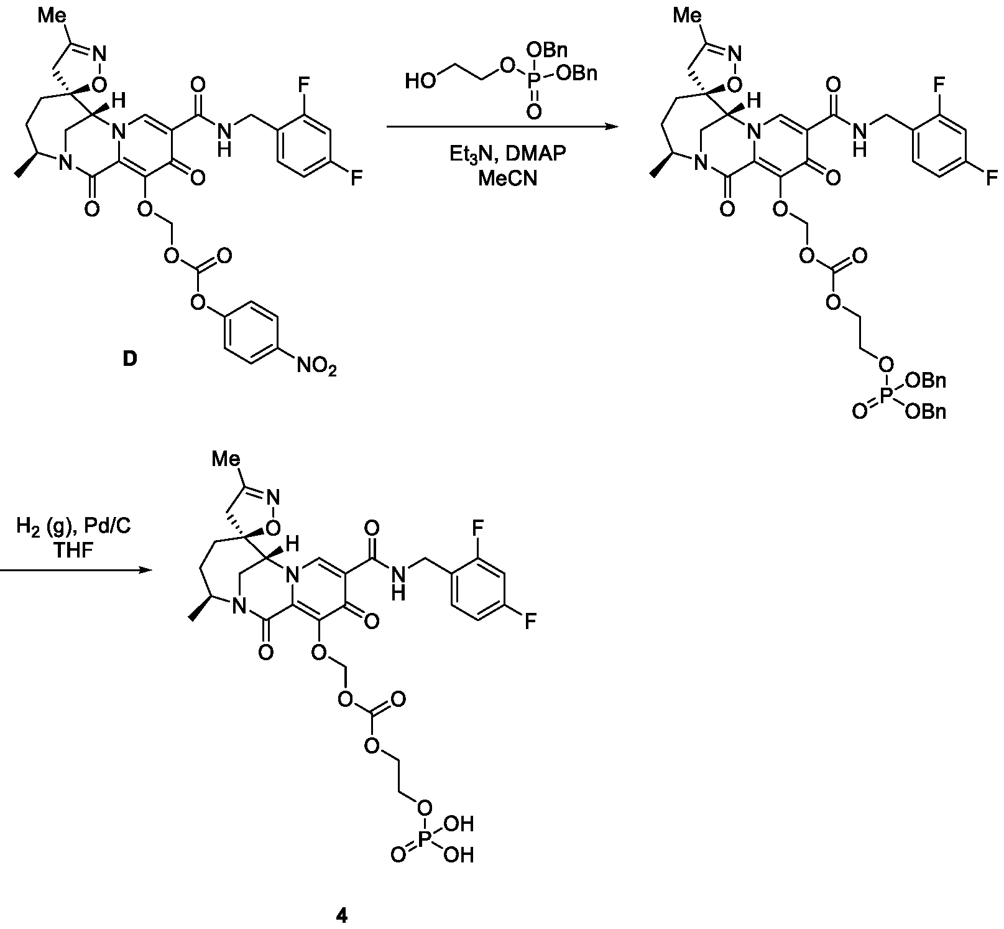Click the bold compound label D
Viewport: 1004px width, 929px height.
pos(129,359)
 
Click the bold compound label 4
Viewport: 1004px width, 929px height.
pos(341,915)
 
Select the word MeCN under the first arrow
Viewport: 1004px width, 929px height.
pos(508,179)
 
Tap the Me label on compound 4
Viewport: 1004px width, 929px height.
pos(226,459)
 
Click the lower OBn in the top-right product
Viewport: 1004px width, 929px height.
pos(926,412)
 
